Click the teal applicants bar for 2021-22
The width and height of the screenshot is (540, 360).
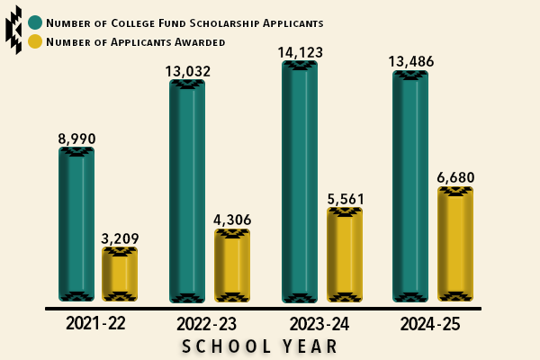pyautogui.click(x=76, y=224)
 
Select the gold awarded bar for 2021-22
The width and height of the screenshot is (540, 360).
pyautogui.click(x=120, y=274)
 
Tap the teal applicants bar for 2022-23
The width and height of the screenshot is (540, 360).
pyautogui.click(x=187, y=191)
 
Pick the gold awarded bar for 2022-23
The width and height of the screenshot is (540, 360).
pyautogui.click(x=232, y=265)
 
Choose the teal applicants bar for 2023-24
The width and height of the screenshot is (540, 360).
pyautogui.click(x=300, y=181)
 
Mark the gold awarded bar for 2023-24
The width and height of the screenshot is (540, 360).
pyautogui.click(x=345, y=254)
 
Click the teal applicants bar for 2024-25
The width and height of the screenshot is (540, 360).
pyautogui.click(x=410, y=185)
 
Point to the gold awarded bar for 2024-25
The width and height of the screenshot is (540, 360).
pyautogui.click(x=455, y=244)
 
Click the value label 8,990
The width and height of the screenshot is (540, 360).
pyautogui.click(x=76, y=139)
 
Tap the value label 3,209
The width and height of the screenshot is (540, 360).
pyautogui.click(x=120, y=238)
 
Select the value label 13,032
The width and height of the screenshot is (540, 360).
pyautogui.click(x=187, y=71)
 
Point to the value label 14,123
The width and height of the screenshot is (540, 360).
pyautogui.click(x=300, y=52)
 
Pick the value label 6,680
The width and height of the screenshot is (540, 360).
pyautogui.click(x=455, y=177)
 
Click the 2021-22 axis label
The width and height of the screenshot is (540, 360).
pyautogui.click(x=95, y=324)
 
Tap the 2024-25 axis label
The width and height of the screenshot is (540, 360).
pyautogui.click(x=430, y=324)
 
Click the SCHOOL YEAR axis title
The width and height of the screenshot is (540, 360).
pyautogui.click(x=260, y=346)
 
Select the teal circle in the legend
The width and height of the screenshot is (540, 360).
pyautogui.click(x=35, y=22)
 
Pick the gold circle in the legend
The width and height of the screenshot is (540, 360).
pyautogui.click(x=35, y=41)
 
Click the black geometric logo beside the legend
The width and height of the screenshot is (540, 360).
pyautogui.click(x=13, y=30)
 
